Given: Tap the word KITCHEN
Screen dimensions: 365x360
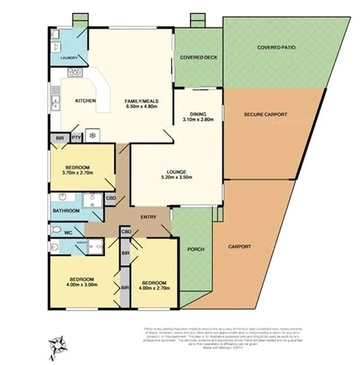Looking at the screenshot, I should pyautogui.click(x=85, y=101).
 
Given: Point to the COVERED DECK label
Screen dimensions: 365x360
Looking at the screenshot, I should pyautogui.click(x=198, y=58).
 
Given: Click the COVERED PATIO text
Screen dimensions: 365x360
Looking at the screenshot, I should pyautogui.click(x=276, y=47).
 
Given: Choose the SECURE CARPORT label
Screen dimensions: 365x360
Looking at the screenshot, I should pyautogui.click(x=266, y=114).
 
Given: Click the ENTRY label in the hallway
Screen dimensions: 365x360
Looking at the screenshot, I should pyautogui.click(x=149, y=217).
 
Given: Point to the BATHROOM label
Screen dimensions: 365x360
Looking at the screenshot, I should pyautogui.click(x=66, y=211).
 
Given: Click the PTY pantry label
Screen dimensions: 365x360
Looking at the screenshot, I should pyautogui.click(x=76, y=137).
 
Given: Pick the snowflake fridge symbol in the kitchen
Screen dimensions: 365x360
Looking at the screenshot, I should pyautogui.click(x=92, y=136).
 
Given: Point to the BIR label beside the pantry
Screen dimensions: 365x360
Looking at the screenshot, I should pyautogui.click(x=59, y=137).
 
